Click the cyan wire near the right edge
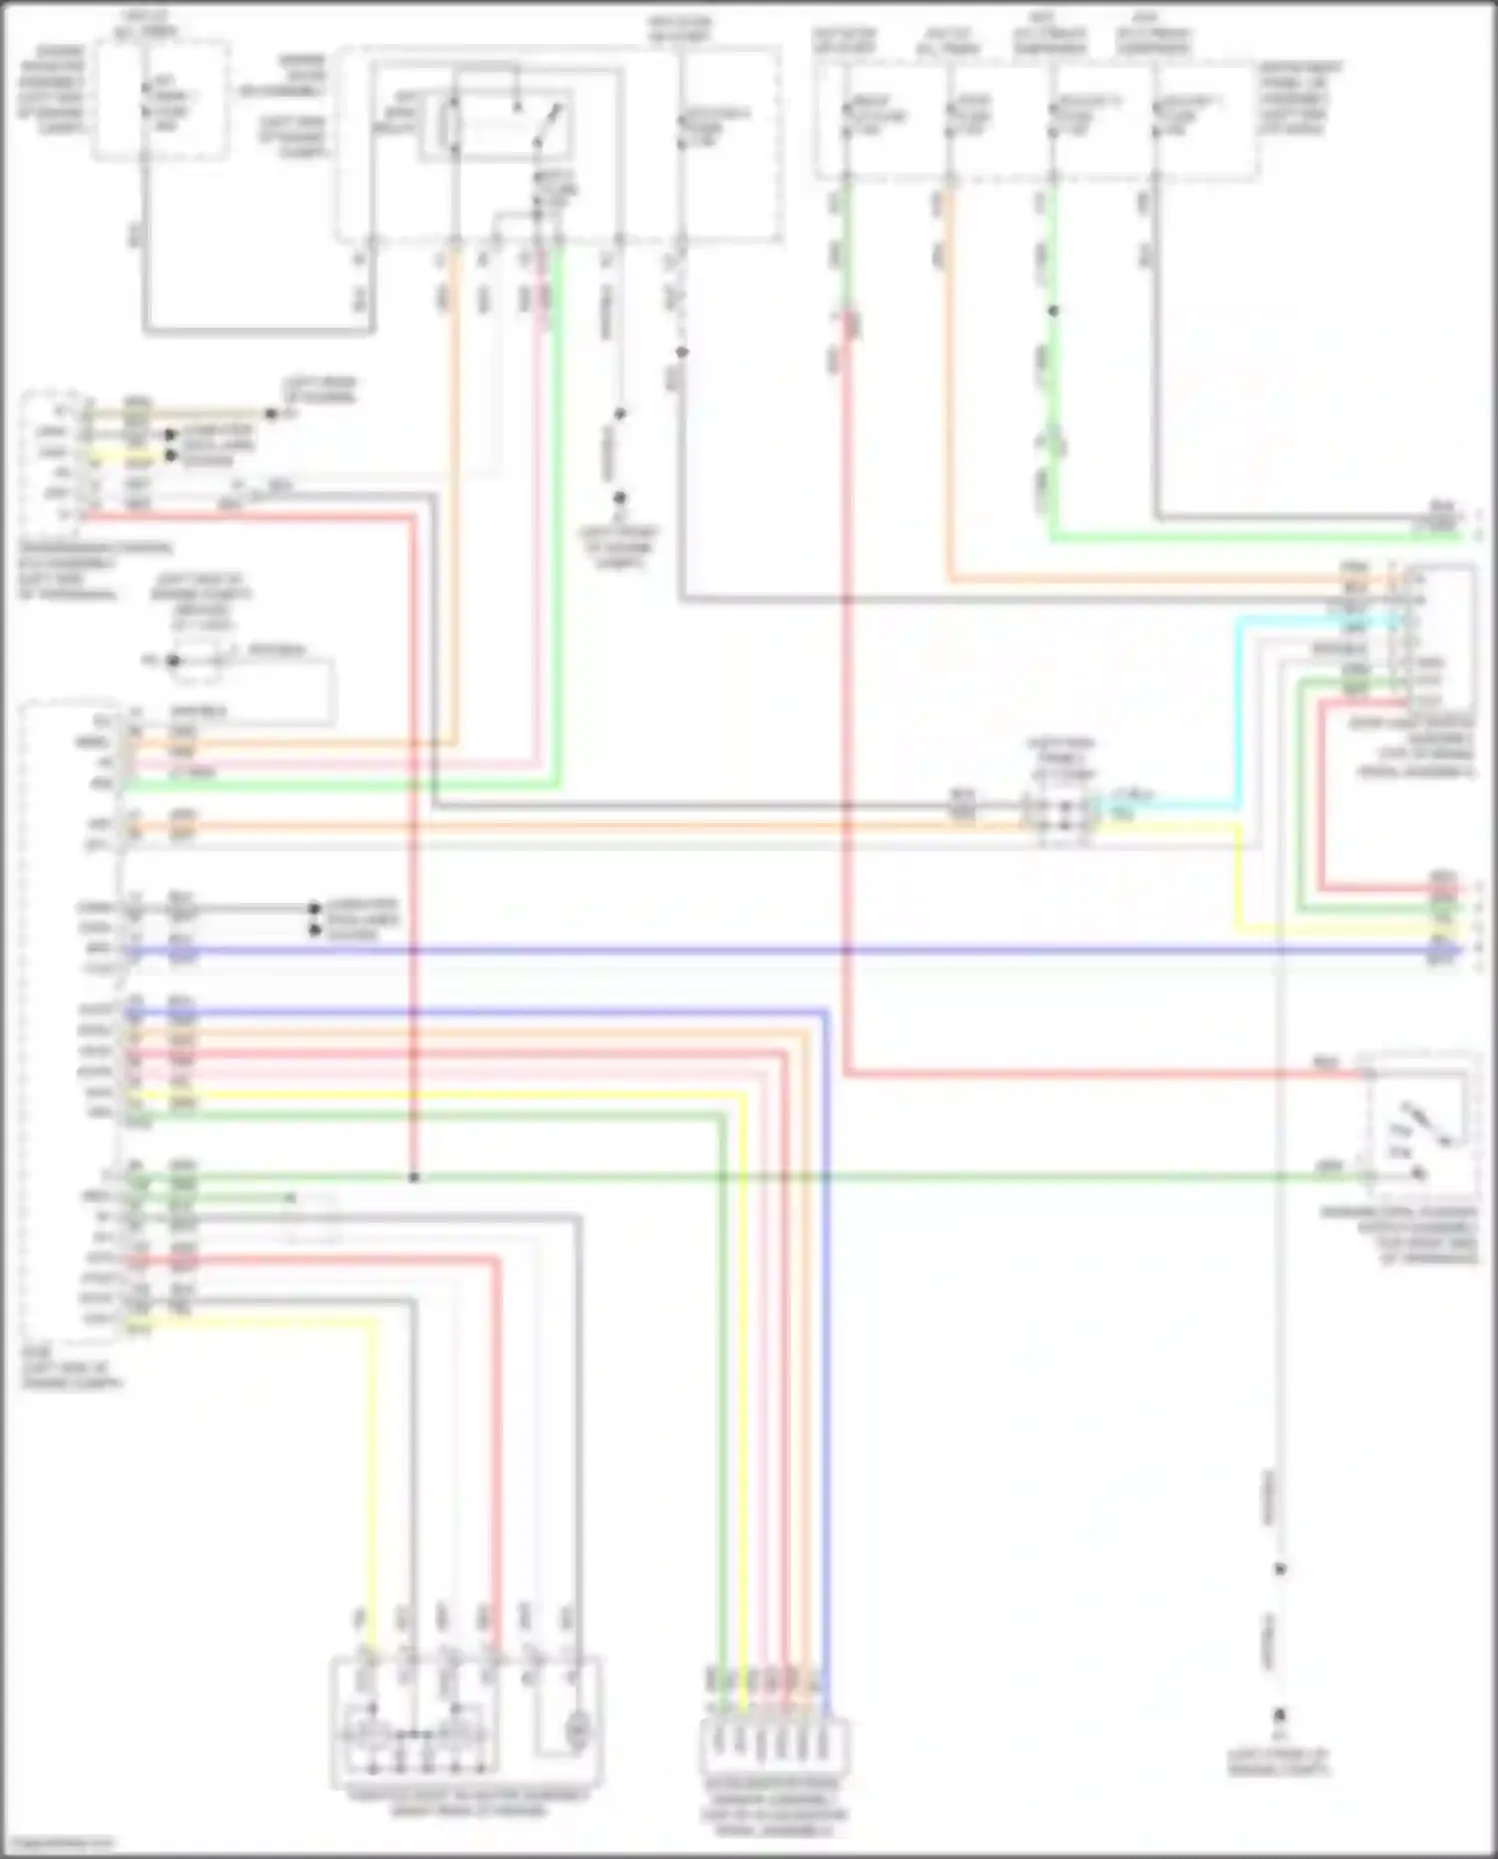pyautogui.click(x=1238, y=699)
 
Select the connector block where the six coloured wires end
pyautogui.click(x=775, y=1743)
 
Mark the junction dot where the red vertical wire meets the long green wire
pyautogui.click(x=413, y=1178)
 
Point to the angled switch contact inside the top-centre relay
pyautogui.click(x=548, y=124)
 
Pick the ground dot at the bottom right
pyautogui.click(x=1279, y=1714)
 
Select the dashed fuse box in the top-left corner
pyautogui.click(x=161, y=100)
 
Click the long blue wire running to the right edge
pyautogui.click(x=799, y=951)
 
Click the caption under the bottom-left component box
pyautogui.click(x=467, y=1801)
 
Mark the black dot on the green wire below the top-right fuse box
pyautogui.click(x=1053, y=312)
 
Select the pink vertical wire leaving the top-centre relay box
pyautogui.click(x=541, y=499)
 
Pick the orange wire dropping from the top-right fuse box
pyautogui.click(x=950, y=400)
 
